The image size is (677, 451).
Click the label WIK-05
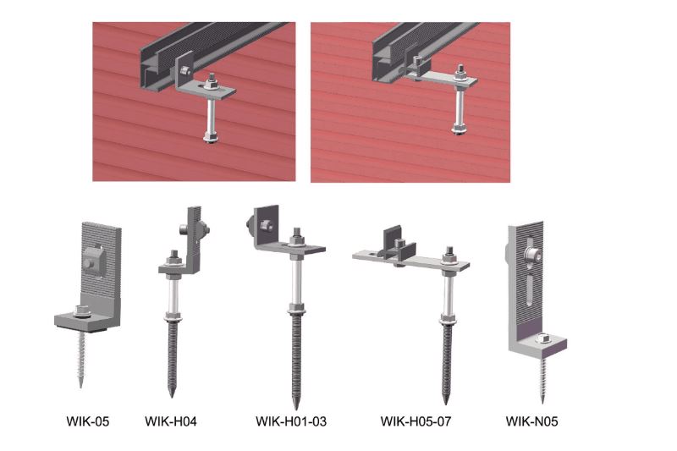[x=88, y=421]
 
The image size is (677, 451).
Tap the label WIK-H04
[x=171, y=421]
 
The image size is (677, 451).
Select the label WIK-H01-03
[x=291, y=421]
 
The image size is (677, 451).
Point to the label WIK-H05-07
[x=416, y=421]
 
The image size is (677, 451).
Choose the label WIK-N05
[x=531, y=421]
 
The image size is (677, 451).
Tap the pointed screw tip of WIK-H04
[x=172, y=396]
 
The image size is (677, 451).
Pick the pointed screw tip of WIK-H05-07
[x=446, y=404]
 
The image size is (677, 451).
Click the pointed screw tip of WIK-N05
[x=543, y=402]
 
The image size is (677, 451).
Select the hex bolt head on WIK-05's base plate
[x=80, y=311]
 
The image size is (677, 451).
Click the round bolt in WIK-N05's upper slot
[x=534, y=256]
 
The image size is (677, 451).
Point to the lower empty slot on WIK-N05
[x=530, y=291]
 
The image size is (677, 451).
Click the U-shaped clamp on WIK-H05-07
[x=399, y=245]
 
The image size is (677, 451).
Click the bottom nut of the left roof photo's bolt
[x=211, y=138]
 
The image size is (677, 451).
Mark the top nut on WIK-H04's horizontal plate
[x=174, y=255]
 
